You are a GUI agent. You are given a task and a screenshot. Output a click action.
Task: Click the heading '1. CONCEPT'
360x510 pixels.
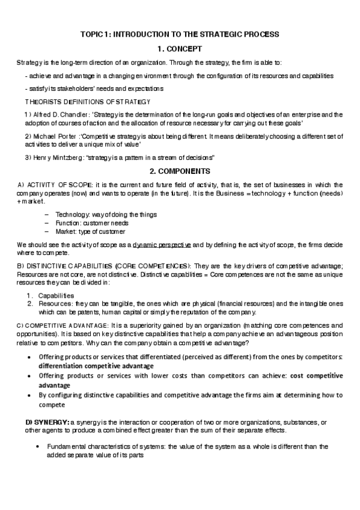180,49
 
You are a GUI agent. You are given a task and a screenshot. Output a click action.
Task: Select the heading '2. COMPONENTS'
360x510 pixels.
180,171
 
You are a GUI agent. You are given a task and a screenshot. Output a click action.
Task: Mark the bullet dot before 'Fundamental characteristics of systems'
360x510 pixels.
38,447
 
